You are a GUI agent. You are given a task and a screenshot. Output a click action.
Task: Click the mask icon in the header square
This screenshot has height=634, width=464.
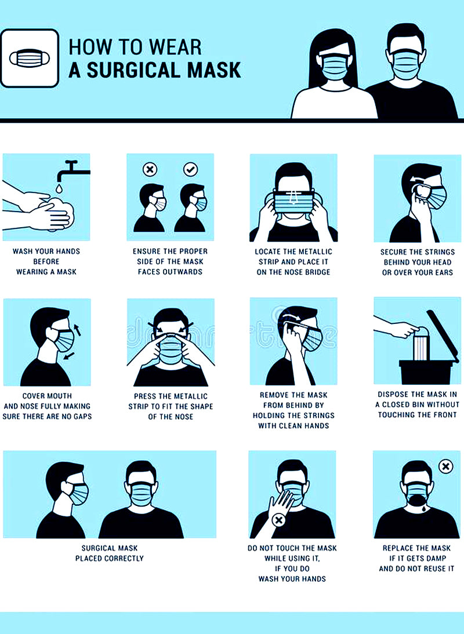point(30,59)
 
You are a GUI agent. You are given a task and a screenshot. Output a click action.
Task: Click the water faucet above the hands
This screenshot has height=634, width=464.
point(72,170)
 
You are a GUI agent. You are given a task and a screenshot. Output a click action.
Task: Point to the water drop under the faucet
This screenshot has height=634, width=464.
point(60,188)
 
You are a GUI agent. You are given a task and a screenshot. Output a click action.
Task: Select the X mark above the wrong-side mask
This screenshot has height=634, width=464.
point(150,169)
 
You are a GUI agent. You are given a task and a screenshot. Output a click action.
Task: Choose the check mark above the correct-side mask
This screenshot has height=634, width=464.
point(191,169)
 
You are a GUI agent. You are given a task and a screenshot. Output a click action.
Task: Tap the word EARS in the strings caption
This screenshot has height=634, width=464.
point(444,272)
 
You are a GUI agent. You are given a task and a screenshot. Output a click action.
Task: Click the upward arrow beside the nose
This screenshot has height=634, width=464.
point(78,329)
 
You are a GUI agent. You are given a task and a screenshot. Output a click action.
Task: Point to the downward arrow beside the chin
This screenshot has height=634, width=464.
point(69,356)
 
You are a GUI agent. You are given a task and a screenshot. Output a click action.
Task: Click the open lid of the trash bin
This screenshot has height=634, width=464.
point(443,336)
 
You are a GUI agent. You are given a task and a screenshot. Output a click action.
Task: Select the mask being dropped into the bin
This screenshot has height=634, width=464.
point(420,343)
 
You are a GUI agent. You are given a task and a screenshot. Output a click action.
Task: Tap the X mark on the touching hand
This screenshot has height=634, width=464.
point(278,520)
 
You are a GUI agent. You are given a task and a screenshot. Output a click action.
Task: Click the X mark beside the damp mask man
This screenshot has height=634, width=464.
point(445,467)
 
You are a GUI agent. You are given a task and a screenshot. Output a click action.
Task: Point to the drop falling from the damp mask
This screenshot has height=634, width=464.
point(423,509)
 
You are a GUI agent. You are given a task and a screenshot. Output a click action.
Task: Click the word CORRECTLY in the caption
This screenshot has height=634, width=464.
point(124,559)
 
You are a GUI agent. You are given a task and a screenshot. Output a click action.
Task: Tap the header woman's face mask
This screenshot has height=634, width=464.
point(334,67)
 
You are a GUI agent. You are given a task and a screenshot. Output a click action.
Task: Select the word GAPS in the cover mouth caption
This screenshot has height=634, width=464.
point(82,417)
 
